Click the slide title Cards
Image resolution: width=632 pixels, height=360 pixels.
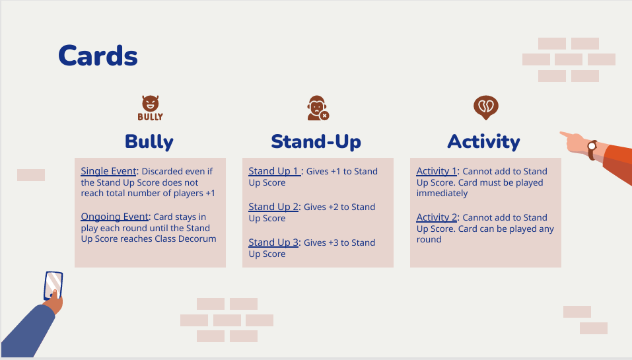(98, 55)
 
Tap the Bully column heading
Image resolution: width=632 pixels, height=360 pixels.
(149, 142)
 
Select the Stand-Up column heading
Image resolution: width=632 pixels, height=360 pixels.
(316, 141)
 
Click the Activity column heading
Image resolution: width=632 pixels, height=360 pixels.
(483, 141)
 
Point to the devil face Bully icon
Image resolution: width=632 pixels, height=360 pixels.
(150, 108)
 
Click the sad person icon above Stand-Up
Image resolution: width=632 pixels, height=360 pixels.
(318, 108)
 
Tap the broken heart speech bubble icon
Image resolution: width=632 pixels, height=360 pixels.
(485, 108)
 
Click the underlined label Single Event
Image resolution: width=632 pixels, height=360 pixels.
(109, 171)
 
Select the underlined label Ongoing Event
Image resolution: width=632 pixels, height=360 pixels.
(115, 217)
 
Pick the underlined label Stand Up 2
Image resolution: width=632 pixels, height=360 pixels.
(273, 207)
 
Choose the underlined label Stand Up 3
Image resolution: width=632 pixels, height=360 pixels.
(273, 242)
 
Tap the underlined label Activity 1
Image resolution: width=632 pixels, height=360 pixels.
(437, 171)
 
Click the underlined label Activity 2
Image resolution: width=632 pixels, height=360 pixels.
(437, 218)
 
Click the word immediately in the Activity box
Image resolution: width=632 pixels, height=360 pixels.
(442, 194)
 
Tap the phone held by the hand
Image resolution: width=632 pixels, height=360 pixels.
(53, 286)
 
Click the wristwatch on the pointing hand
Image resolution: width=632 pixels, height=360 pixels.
(592, 149)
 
